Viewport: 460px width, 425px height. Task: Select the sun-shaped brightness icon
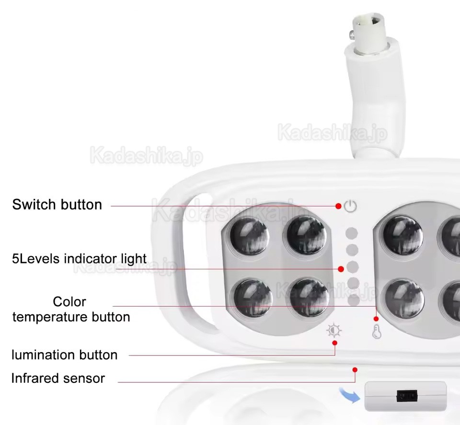(x=334, y=330)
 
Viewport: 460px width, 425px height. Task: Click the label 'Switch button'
(x=57, y=205)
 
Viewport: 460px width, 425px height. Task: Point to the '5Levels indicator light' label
(x=80, y=259)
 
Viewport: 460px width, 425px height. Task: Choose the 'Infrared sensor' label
(x=58, y=378)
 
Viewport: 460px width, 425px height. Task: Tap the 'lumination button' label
(x=64, y=355)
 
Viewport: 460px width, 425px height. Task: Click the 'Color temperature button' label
(x=70, y=310)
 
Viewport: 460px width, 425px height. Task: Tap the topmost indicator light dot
(x=352, y=233)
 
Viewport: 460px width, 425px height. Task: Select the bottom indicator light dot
(x=353, y=300)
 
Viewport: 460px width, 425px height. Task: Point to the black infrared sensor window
(x=406, y=396)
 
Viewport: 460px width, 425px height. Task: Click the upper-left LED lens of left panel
(x=249, y=236)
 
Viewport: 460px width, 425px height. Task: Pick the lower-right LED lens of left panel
(x=309, y=297)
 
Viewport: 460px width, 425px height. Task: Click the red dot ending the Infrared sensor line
(x=355, y=369)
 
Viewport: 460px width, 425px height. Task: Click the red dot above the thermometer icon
(x=376, y=319)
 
